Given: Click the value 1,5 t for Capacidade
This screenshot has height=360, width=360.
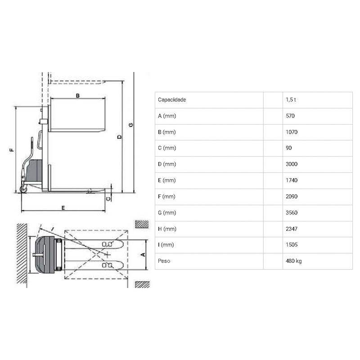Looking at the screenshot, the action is coord(291,99).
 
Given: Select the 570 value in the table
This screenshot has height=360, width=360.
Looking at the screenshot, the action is coord(290,116).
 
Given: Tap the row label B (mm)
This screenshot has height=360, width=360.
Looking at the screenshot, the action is coord(166,132).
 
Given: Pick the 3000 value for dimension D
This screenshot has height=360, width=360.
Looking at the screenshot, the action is coord(292,164).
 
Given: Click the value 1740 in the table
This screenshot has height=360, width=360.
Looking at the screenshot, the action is coord(292,180).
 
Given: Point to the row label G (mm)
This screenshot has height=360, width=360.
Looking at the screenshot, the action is coord(167,213).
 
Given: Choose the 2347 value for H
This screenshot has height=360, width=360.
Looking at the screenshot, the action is coord(292,229).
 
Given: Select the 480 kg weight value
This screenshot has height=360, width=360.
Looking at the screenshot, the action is coord(294,261).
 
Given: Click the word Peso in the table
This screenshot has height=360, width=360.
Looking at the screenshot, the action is coord(164,261).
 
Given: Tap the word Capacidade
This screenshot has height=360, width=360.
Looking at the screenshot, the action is coord(172,100).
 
